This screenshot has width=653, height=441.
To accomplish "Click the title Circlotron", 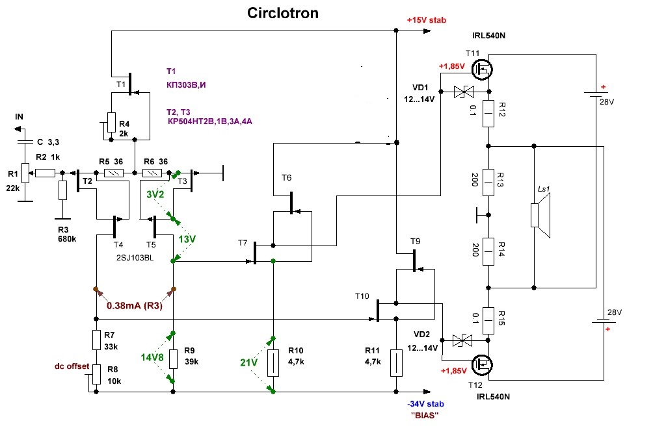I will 283,13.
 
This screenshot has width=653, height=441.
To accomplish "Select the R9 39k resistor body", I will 174,358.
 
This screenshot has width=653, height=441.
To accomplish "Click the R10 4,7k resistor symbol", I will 273,362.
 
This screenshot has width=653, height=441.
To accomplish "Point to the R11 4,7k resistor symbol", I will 396,362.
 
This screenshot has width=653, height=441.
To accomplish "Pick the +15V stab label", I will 427,20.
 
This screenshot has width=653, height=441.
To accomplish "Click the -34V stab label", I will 423,403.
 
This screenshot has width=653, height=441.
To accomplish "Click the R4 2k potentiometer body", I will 111,121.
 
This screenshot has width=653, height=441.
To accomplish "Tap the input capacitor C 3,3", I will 23,142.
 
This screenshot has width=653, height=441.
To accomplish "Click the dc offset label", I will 71,366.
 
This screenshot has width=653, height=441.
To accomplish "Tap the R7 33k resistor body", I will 96,340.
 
